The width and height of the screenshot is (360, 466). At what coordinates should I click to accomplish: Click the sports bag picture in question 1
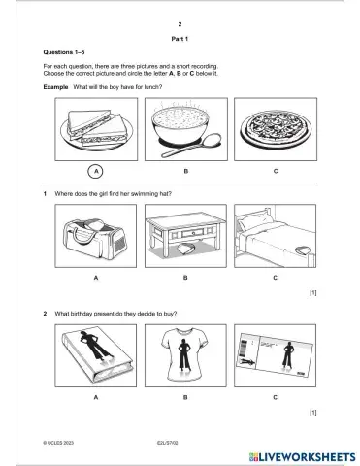pos(96,239)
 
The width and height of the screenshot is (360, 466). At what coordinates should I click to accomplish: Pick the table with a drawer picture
pos(185,239)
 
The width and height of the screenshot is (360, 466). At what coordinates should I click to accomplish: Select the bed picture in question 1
pos(275,239)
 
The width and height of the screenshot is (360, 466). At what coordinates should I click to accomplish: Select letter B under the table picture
pos(185,278)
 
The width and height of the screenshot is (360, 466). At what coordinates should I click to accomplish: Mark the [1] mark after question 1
pos(312,292)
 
